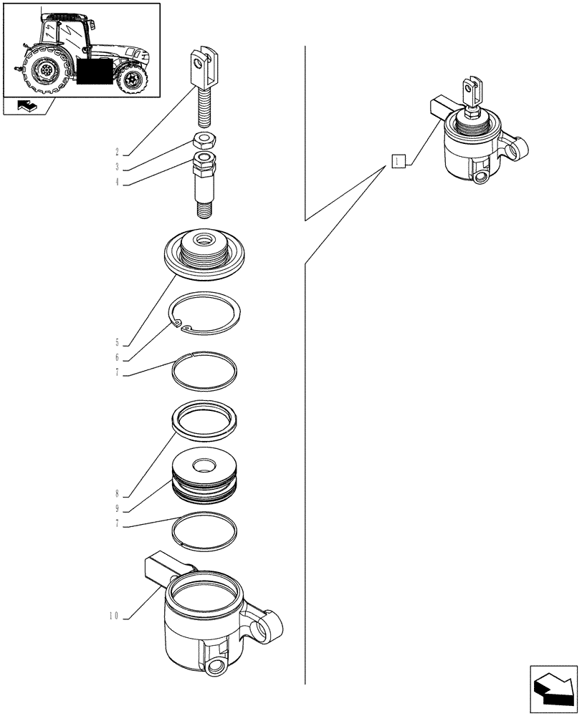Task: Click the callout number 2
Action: [117, 152]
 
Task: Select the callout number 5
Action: [117, 342]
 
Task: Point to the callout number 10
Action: [115, 616]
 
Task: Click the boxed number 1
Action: [399, 162]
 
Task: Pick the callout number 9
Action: [117, 509]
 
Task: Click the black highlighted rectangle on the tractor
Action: [94, 72]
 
